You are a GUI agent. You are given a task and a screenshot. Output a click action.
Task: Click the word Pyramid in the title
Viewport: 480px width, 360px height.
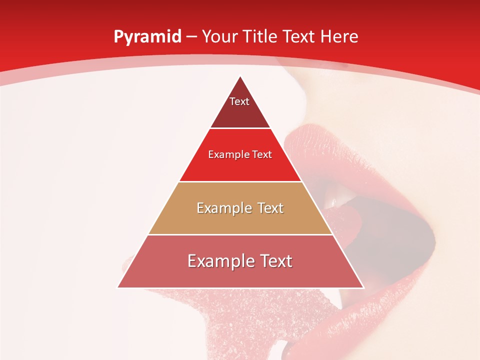tap(147, 37)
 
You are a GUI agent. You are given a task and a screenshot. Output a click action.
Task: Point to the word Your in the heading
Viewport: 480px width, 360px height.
tap(220, 36)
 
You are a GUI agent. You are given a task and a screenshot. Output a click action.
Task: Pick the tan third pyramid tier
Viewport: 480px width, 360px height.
tap(240, 220)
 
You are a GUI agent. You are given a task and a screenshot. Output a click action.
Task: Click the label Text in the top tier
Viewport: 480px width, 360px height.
tap(239, 101)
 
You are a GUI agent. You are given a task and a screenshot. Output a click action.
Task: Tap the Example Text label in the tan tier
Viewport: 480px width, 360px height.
tap(240, 208)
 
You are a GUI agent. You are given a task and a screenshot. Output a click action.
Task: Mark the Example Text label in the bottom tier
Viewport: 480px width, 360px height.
tap(240, 261)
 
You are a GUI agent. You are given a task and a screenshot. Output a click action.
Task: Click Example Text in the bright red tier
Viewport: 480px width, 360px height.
tap(240, 154)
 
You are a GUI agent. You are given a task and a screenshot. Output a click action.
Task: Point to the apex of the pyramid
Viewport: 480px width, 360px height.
tap(240, 76)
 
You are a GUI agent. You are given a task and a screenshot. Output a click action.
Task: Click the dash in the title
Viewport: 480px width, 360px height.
tap(191, 37)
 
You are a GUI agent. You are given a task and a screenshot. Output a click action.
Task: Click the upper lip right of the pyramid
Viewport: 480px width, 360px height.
tap(340, 150)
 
